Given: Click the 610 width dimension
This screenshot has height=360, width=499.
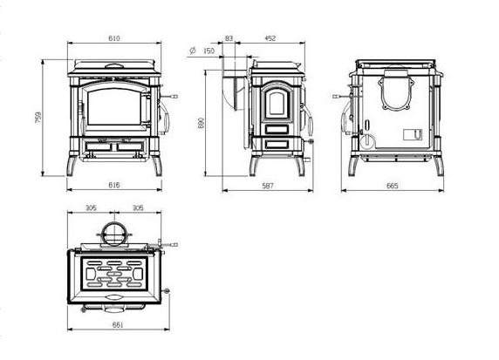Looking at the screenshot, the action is [x=114, y=38].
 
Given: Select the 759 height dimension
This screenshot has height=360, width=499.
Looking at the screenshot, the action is [x=38, y=118].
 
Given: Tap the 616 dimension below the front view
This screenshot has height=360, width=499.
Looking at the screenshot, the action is [x=114, y=185].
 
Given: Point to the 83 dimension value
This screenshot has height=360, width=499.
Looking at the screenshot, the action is [x=229, y=38].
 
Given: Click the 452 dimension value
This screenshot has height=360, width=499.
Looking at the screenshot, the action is [x=270, y=38].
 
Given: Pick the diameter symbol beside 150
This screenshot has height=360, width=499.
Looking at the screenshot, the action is [x=192, y=51].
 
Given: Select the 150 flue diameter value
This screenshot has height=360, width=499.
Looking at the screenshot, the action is [x=208, y=51].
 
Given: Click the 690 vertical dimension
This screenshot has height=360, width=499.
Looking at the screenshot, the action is [x=201, y=123].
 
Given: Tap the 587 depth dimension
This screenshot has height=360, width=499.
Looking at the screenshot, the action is [x=268, y=186].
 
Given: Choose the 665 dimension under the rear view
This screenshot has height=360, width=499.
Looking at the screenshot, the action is [x=392, y=186].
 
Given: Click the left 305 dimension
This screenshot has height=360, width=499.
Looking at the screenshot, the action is [x=91, y=208].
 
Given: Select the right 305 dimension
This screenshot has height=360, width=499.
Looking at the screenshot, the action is [x=138, y=208].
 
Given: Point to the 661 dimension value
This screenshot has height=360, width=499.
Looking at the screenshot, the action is [x=118, y=325].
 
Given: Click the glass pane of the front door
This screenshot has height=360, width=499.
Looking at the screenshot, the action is [x=113, y=106].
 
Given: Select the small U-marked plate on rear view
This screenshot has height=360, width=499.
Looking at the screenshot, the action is [x=413, y=135].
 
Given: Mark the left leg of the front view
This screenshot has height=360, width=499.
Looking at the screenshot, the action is [x=72, y=166].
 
